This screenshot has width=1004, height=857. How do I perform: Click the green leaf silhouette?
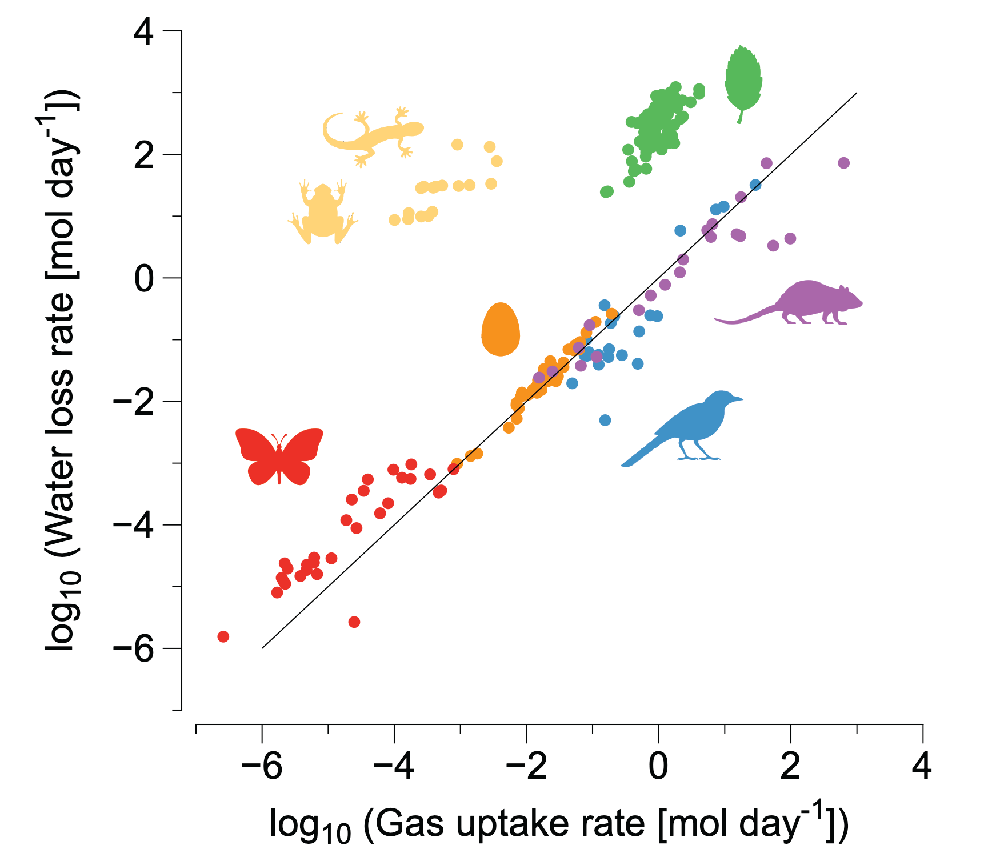(x=743, y=80)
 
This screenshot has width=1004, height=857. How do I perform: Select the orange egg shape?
(x=501, y=330)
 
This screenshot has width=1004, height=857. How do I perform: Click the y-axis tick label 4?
(x=143, y=33)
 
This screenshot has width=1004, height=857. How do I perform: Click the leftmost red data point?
(x=223, y=636)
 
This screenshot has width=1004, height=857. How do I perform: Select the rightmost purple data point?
(x=843, y=163)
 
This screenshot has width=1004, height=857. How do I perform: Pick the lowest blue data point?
(x=605, y=420)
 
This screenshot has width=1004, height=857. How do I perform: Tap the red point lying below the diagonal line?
(x=354, y=622)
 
